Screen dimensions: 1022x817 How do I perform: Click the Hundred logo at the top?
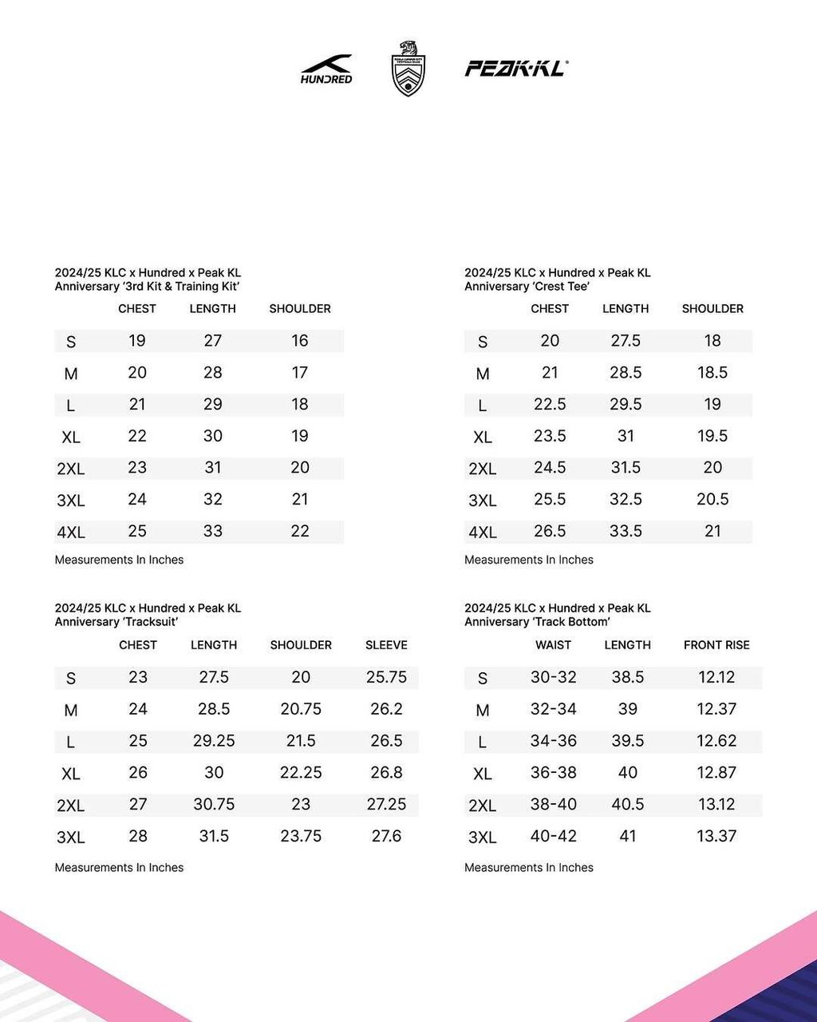326,69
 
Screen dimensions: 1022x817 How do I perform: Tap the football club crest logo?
408,69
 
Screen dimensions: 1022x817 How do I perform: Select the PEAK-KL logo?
516,69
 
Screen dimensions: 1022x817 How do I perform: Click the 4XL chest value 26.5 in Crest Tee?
550,532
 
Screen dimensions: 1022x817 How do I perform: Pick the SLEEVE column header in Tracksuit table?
386,645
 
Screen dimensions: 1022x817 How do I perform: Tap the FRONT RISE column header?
716,645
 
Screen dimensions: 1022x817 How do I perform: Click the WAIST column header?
553,645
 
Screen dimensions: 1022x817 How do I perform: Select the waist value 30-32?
553,677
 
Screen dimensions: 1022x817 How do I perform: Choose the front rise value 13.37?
716,836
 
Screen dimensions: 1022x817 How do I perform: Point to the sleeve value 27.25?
386,804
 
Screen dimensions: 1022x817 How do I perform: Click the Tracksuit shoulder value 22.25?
301,772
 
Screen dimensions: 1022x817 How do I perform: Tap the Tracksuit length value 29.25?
214,741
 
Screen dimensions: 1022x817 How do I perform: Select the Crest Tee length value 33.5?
626,532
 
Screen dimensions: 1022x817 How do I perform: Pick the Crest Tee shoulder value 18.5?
712,373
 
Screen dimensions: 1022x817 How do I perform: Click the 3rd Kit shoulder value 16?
300,341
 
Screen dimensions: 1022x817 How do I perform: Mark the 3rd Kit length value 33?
213,532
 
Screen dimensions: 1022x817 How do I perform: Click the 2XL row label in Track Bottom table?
482,806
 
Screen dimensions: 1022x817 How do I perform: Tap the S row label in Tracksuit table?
71,679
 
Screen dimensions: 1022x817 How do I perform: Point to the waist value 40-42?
553,836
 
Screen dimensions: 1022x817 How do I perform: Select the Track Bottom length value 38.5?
628,677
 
